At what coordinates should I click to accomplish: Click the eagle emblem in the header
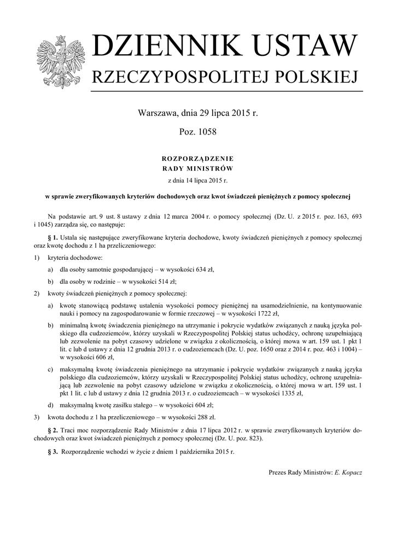pos(58,62)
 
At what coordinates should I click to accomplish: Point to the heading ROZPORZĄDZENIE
pos(197,158)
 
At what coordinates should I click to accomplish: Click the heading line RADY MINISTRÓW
pos(197,168)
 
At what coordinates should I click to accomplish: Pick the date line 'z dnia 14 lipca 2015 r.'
pos(197,179)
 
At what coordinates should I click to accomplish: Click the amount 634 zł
pos(191,269)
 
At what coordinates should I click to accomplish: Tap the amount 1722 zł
pos(266,313)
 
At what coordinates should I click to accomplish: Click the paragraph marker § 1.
pos(53,238)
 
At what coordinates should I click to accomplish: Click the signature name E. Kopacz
pos(348,471)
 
